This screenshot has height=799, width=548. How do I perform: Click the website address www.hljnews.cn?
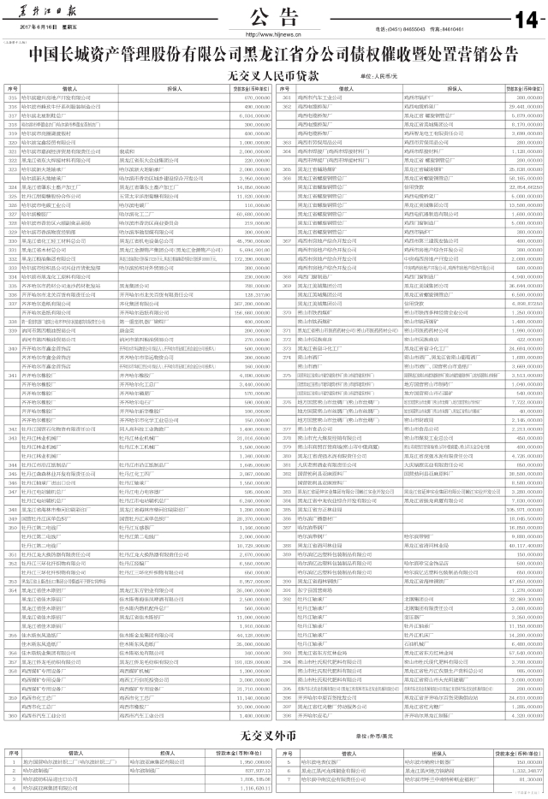click(x=273, y=34)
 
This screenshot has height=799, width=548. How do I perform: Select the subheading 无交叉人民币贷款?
click(x=275, y=75)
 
